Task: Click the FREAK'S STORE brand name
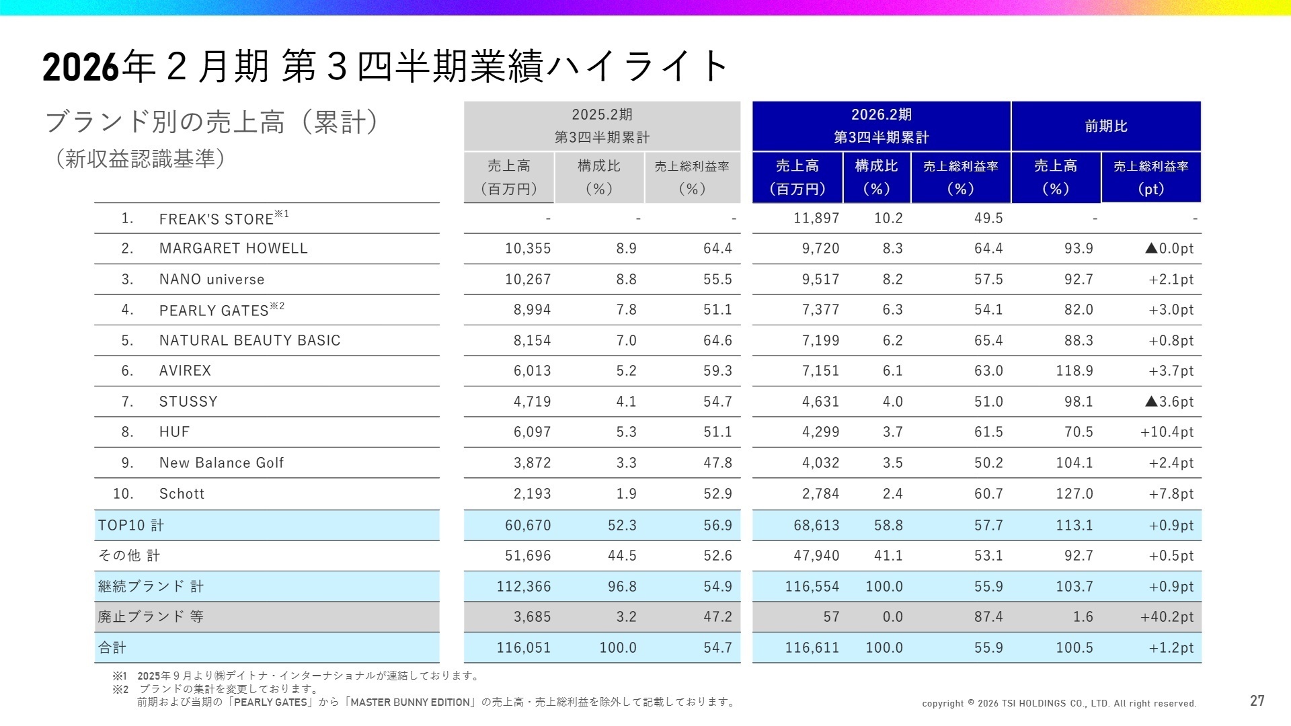coord(216,219)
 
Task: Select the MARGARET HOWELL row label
coord(233,249)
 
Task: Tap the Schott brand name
coord(182,494)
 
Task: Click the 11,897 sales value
coord(816,218)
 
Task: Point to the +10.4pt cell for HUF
coord(1167,432)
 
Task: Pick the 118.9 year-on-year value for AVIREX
coord(1074,371)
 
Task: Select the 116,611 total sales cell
coord(812,648)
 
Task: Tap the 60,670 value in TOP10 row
coord(528,526)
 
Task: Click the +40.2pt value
coord(1167,617)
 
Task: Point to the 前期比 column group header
coord(1106,126)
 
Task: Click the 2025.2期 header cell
coord(602,126)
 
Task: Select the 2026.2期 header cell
coord(881,126)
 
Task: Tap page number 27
coord(1257,701)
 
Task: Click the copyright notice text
coord(1059,704)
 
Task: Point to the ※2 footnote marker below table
coord(120,690)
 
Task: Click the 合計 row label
coord(112,648)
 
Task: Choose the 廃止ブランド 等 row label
coord(151,617)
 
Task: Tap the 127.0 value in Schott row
coord(1074,494)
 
